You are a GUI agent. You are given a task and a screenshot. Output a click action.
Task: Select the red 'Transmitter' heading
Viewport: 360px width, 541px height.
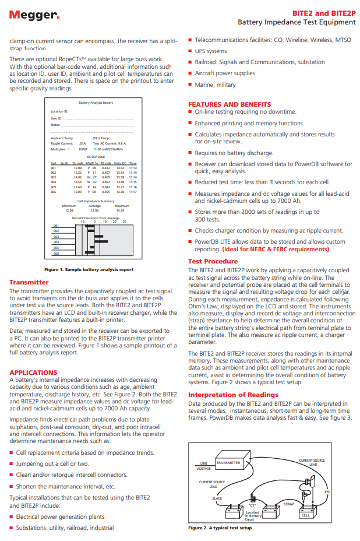click(29, 282)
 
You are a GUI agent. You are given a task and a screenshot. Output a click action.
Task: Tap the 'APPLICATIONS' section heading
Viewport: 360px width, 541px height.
click(33, 372)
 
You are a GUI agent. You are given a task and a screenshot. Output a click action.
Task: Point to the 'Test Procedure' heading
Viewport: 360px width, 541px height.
click(213, 261)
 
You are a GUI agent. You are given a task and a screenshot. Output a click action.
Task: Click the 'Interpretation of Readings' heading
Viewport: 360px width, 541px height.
click(233, 395)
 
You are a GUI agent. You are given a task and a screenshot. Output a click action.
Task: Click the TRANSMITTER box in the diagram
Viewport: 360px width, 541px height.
click(228, 463)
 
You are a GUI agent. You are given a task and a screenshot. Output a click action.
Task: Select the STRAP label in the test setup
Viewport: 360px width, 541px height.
click(288, 503)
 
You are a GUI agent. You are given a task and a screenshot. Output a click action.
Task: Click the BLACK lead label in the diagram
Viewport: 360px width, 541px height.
click(217, 498)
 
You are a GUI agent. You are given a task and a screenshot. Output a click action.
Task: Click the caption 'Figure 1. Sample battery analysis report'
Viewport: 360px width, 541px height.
click(89, 270)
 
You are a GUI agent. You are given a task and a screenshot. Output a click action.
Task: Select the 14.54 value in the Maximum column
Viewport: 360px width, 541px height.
click(120, 210)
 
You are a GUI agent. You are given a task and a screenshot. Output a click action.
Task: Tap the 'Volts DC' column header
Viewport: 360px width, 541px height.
click(119, 163)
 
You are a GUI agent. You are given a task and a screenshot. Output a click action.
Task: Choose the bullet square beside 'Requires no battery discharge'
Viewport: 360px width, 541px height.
click(190, 153)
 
